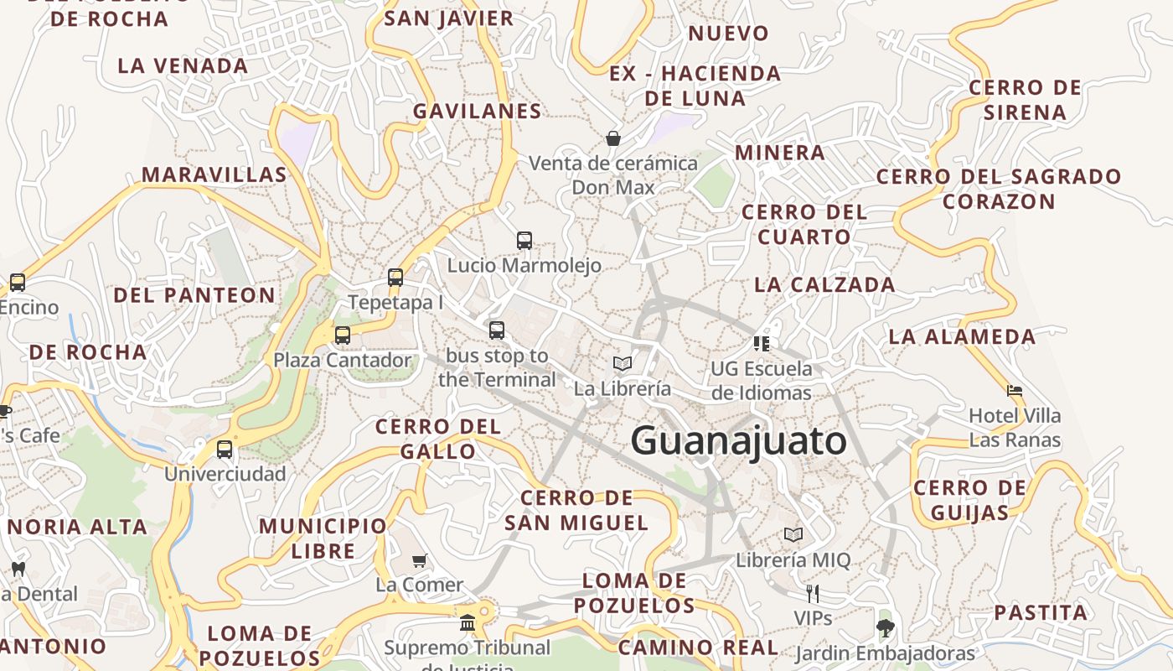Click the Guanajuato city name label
click(738, 441)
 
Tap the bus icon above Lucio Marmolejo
click(524, 241)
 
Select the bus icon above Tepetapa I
click(395, 278)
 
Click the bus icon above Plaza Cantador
click(343, 335)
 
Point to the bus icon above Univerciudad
click(225, 450)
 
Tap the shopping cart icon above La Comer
click(420, 560)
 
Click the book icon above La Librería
click(622, 363)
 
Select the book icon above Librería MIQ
click(793, 534)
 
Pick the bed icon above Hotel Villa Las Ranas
click(1015, 391)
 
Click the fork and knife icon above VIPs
click(812, 594)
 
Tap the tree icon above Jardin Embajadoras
click(885, 627)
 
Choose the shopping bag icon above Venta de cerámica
click(613, 138)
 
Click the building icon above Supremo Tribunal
click(467, 622)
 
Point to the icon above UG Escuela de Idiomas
click(761, 343)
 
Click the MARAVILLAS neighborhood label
click(214, 174)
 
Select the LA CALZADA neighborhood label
click(824, 284)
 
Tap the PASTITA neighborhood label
click(1041, 612)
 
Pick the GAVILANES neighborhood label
click(477, 111)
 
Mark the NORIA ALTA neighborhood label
click(78, 527)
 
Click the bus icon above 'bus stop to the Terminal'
click(497, 330)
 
